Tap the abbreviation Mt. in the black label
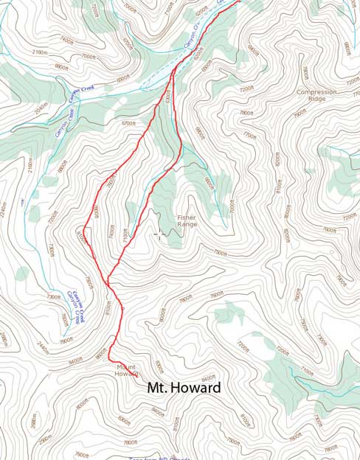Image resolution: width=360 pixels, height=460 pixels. point(158,388)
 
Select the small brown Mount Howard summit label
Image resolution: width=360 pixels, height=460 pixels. point(127,370)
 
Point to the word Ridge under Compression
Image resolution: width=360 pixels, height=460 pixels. point(316,99)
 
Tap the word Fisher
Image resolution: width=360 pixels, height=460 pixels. point(187,217)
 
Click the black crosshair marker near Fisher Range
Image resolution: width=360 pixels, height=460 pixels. point(159,234)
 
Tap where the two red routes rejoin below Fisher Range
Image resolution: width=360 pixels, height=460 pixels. point(108,282)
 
